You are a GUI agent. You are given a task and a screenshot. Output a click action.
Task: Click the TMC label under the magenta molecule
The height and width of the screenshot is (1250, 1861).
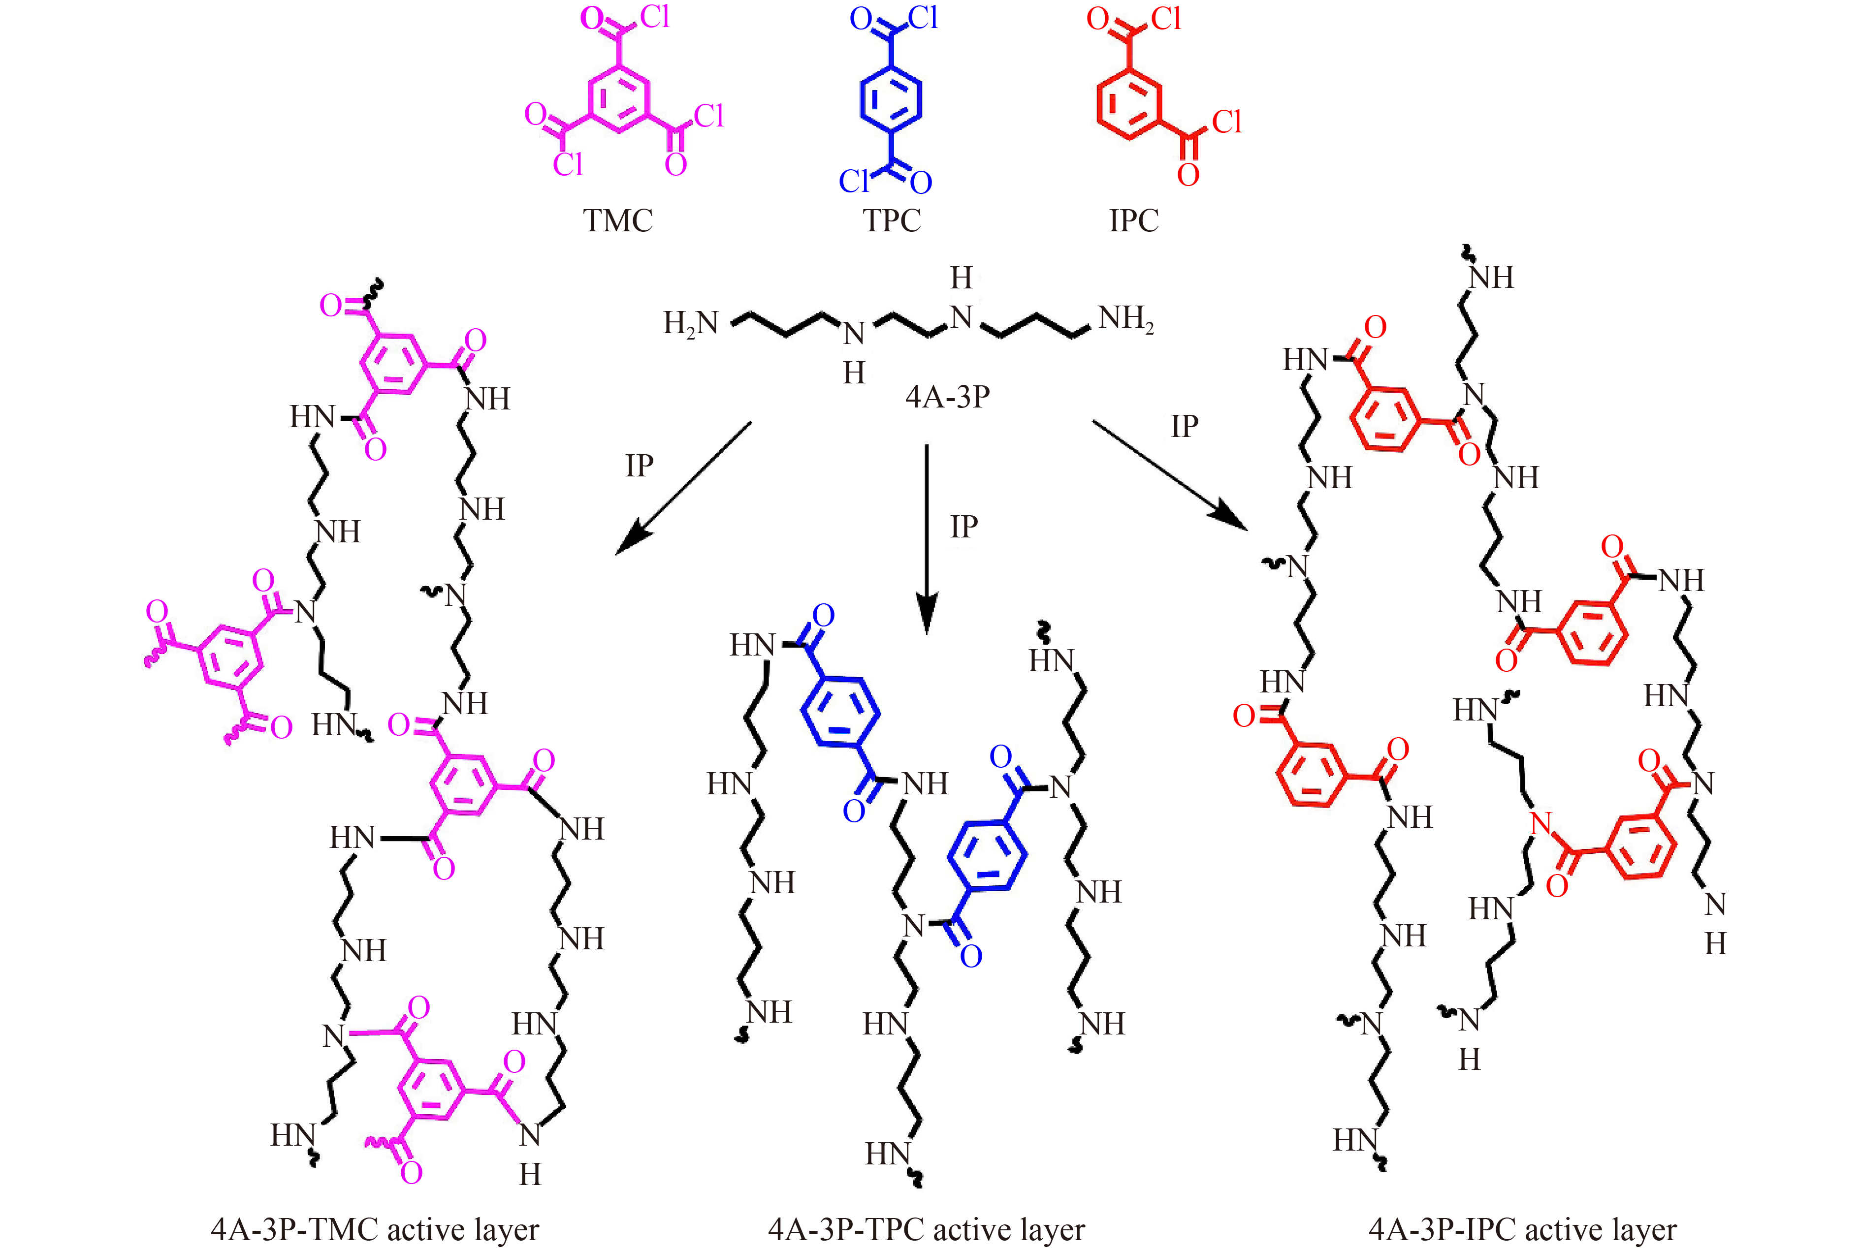click(x=618, y=220)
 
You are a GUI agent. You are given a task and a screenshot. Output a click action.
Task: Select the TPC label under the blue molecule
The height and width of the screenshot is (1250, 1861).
click(x=892, y=220)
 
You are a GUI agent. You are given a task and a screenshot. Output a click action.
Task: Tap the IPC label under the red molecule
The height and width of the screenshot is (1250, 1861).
click(x=1134, y=220)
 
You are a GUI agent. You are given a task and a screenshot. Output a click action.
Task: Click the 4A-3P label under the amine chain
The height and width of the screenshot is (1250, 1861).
click(x=947, y=396)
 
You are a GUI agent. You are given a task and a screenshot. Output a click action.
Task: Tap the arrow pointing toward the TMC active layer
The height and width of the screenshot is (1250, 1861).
click(x=683, y=488)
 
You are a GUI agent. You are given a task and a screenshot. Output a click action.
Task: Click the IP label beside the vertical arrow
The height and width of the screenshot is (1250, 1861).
click(x=964, y=526)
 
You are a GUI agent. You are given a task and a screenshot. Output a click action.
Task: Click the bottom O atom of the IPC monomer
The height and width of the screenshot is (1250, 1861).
click(x=1188, y=175)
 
